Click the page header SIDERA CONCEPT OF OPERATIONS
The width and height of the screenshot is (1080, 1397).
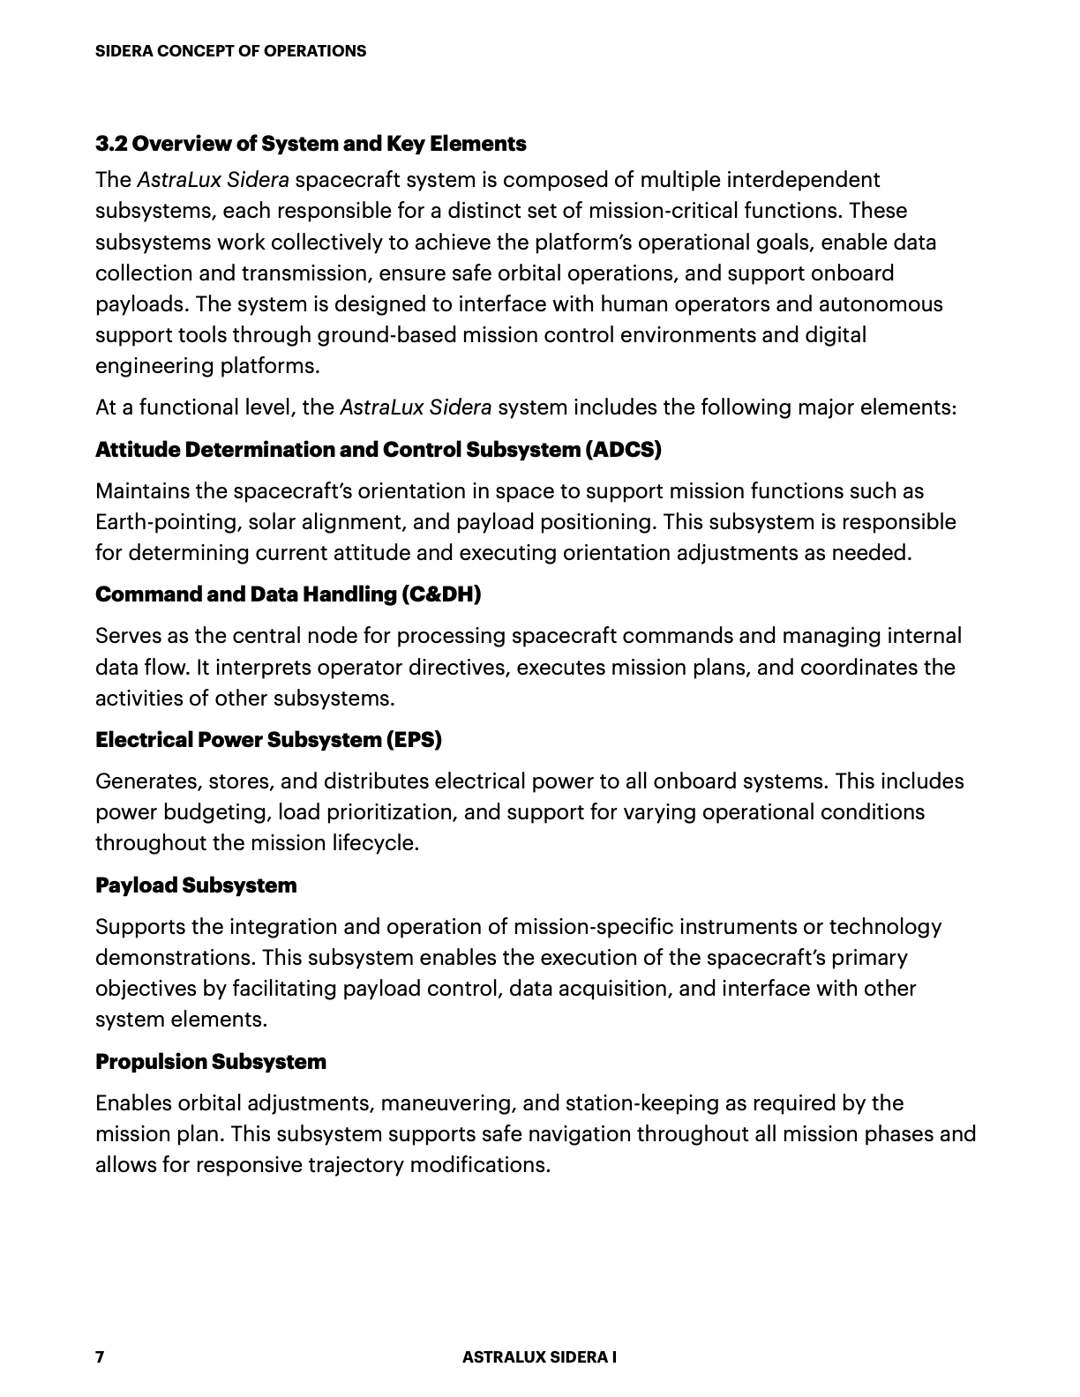click(230, 51)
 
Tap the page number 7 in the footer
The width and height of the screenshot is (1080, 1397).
click(100, 1356)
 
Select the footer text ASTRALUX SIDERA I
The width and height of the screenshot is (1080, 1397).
click(539, 1356)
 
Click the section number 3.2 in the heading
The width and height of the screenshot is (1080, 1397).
click(112, 144)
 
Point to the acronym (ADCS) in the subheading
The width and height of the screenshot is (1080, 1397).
click(622, 450)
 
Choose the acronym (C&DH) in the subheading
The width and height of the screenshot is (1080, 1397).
click(440, 594)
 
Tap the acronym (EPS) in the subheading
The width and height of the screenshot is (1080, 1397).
click(413, 739)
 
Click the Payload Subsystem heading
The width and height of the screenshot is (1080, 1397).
click(196, 885)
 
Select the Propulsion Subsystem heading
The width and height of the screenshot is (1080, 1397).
click(210, 1061)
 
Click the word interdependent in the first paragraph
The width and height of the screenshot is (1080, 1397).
click(804, 180)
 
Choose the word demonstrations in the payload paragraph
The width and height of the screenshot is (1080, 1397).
click(175, 958)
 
